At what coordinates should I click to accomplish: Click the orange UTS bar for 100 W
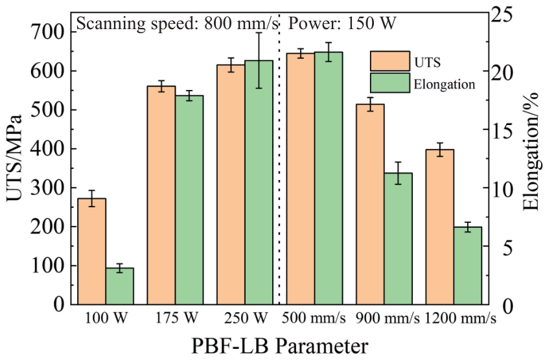(92, 251)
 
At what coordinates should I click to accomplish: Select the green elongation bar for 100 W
(120, 286)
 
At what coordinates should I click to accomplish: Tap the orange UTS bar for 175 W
(161, 195)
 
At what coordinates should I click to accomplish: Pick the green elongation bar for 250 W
(259, 182)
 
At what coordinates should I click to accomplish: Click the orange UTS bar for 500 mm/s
(301, 179)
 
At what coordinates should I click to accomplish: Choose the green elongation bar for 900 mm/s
(398, 238)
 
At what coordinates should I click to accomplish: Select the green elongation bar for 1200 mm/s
(468, 265)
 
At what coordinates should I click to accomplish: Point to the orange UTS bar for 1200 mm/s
(440, 227)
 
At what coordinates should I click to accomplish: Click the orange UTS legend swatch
(390, 61)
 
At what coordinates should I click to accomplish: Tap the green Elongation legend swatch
(390, 83)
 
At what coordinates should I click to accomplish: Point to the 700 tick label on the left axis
(47, 32)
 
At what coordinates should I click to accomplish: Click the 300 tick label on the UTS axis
(47, 188)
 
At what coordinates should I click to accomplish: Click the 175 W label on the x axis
(176, 317)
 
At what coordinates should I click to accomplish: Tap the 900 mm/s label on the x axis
(387, 318)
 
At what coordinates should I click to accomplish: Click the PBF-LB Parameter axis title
(280, 346)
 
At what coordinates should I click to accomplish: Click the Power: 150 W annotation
(342, 23)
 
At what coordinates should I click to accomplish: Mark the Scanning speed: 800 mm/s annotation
(178, 24)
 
